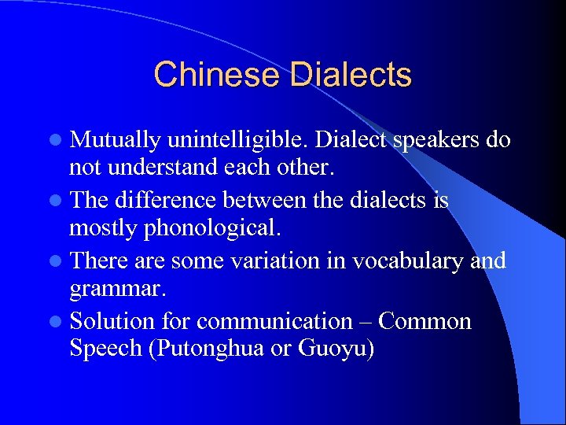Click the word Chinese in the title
coord(217,75)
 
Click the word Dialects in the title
coord(350,75)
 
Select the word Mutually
coord(116,140)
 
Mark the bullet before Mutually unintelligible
coord(57,141)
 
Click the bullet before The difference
coord(57,201)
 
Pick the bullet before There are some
coord(57,261)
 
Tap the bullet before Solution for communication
coord(57,322)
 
